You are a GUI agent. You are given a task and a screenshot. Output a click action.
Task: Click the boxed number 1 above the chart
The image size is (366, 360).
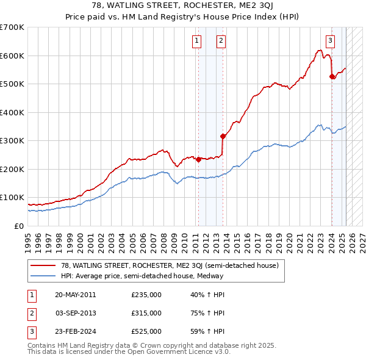pyautogui.click(x=198, y=41)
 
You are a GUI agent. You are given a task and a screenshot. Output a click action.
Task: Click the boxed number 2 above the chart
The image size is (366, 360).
pyautogui.click(x=221, y=41)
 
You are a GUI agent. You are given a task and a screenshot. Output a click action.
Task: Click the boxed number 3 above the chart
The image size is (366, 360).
pyautogui.click(x=330, y=41)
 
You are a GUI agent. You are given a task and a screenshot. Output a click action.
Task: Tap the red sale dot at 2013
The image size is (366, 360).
pyautogui.click(x=223, y=136)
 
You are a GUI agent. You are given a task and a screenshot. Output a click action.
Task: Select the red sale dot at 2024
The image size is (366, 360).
pyautogui.click(x=332, y=77)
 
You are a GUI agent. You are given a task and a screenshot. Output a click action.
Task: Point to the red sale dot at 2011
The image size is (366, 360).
pyautogui.click(x=198, y=159)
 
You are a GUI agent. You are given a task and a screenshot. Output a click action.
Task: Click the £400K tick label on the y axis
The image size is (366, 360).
pyautogui.click(x=12, y=112)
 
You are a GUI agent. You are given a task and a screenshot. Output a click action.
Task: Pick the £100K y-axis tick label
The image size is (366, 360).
pyautogui.click(x=12, y=198)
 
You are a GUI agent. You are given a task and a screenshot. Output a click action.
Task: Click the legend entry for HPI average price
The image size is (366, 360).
pyautogui.click(x=141, y=275)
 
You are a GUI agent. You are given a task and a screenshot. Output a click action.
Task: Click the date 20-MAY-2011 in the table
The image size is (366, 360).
pyautogui.click(x=75, y=295)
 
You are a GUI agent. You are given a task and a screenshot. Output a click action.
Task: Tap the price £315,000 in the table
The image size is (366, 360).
pyautogui.click(x=146, y=313)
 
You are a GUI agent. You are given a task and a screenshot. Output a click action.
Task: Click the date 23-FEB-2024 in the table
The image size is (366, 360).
pyautogui.click(x=75, y=331)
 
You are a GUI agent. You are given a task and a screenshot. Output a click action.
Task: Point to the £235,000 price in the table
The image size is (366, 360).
pyautogui.click(x=146, y=295)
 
